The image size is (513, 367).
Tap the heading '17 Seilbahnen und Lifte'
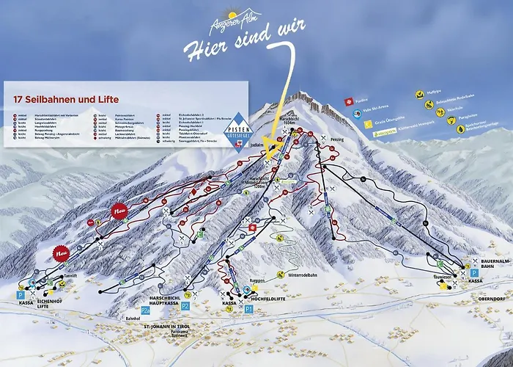coord(66,99)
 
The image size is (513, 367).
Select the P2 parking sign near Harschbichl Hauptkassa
coord(185,305)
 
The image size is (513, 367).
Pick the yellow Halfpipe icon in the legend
coord(420,94)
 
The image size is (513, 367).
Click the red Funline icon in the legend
coord(351,100)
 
